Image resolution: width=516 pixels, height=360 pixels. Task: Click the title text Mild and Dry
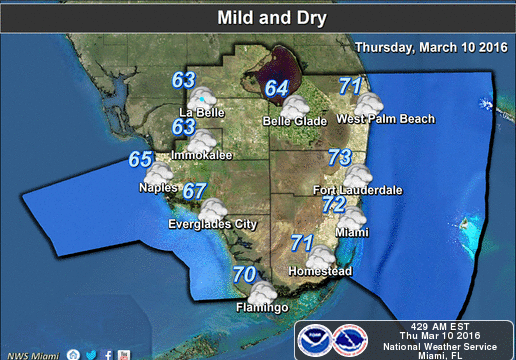[258, 17]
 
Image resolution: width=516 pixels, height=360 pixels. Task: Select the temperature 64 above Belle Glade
[277, 88]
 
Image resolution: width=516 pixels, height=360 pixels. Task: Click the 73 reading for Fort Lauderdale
[340, 157]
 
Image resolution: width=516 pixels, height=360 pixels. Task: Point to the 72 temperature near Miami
[334, 204]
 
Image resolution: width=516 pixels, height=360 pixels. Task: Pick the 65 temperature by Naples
[140, 158]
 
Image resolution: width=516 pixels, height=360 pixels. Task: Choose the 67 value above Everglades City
[194, 191]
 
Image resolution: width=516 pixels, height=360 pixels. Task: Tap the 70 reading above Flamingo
[244, 274]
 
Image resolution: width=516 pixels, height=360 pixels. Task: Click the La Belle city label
[200, 112]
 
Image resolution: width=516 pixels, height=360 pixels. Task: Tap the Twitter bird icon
[91, 354]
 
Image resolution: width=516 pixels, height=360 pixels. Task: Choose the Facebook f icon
[107, 354]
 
